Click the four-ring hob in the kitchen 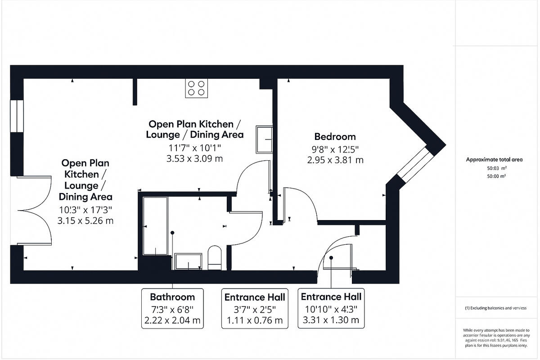click(x=197, y=88)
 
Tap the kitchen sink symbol click(x=264, y=139)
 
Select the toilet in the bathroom click(x=215, y=258)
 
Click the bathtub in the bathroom click(x=155, y=225)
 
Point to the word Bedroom click(x=335, y=136)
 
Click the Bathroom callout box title click(x=172, y=297)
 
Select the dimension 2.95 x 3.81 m click(x=335, y=160)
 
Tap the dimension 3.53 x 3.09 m click(x=194, y=158)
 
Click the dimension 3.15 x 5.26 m click(x=85, y=220)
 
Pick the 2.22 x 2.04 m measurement click(x=172, y=320)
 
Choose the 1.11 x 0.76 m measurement click(x=254, y=320)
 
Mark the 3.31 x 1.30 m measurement click(x=331, y=320)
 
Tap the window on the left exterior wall click(x=17, y=116)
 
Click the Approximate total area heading click(x=494, y=160)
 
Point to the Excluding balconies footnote click(x=495, y=308)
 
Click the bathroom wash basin click(x=188, y=261)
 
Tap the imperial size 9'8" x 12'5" click(x=335, y=148)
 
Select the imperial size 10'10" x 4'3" click(x=331, y=309)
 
